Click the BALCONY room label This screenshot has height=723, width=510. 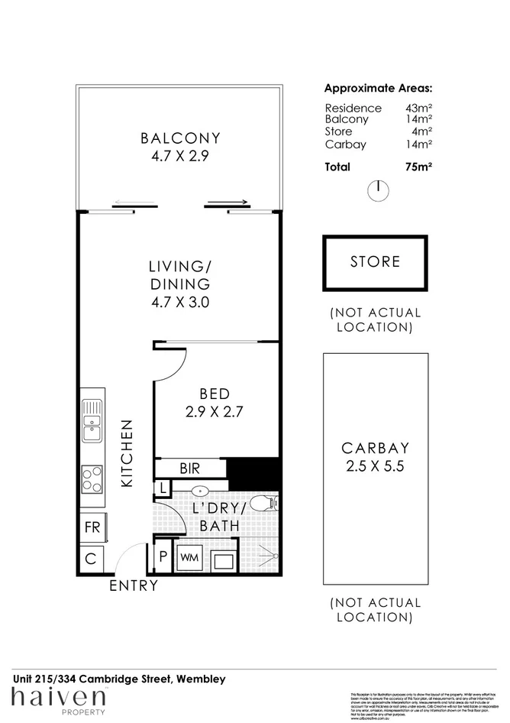180,138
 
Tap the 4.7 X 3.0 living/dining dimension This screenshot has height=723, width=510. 180,302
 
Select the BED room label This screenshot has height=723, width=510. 215,394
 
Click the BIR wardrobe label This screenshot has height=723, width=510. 190,467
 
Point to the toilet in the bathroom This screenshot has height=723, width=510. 264,502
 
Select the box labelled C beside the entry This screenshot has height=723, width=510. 90,559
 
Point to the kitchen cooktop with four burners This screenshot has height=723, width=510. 92,480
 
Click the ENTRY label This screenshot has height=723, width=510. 134,586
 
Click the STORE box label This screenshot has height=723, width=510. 375,261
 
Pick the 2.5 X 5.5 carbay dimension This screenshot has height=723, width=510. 375,467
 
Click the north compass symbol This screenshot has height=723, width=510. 377,190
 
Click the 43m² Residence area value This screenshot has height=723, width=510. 419,108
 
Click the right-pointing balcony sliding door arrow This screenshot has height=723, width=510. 228,203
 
